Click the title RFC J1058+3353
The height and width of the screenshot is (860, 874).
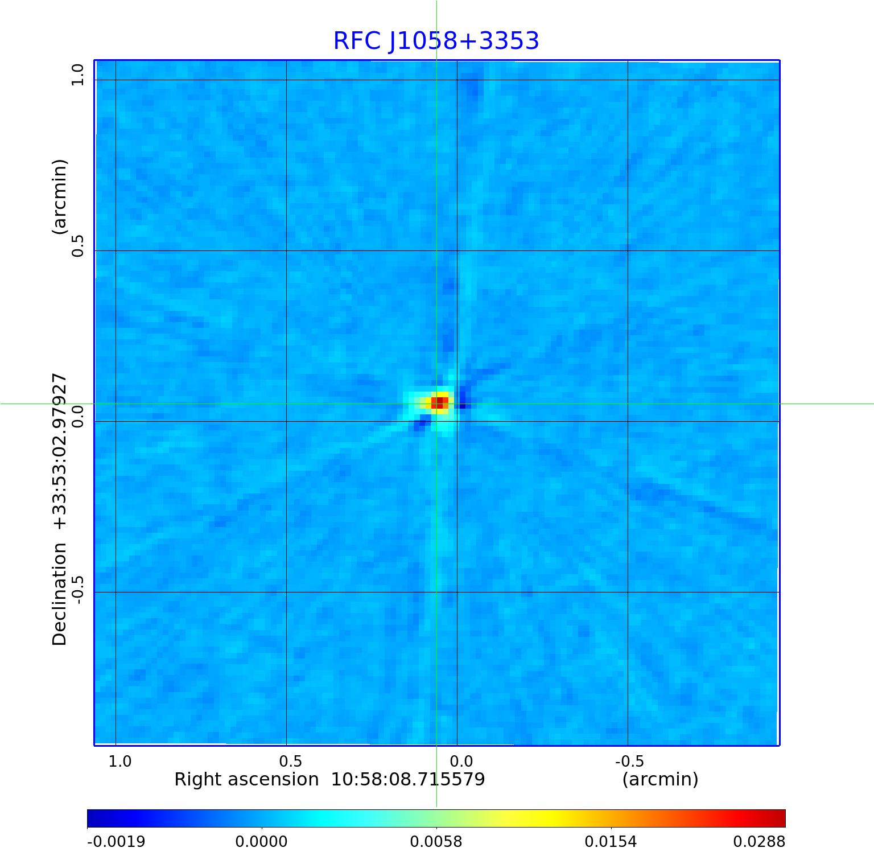point(436,41)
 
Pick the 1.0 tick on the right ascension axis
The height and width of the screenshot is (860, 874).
point(120,761)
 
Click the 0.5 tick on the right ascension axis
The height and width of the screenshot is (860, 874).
point(290,761)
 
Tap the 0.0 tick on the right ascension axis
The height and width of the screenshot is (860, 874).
point(461,761)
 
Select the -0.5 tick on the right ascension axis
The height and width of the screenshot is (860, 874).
point(629,761)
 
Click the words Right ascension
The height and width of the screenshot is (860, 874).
point(246,779)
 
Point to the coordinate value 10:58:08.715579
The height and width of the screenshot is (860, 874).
point(408,779)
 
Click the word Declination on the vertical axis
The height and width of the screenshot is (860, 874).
point(60,594)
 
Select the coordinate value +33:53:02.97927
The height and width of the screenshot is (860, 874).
point(60,451)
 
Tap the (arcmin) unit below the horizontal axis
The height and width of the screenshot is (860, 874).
point(660,779)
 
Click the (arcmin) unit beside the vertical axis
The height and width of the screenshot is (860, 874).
point(60,197)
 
